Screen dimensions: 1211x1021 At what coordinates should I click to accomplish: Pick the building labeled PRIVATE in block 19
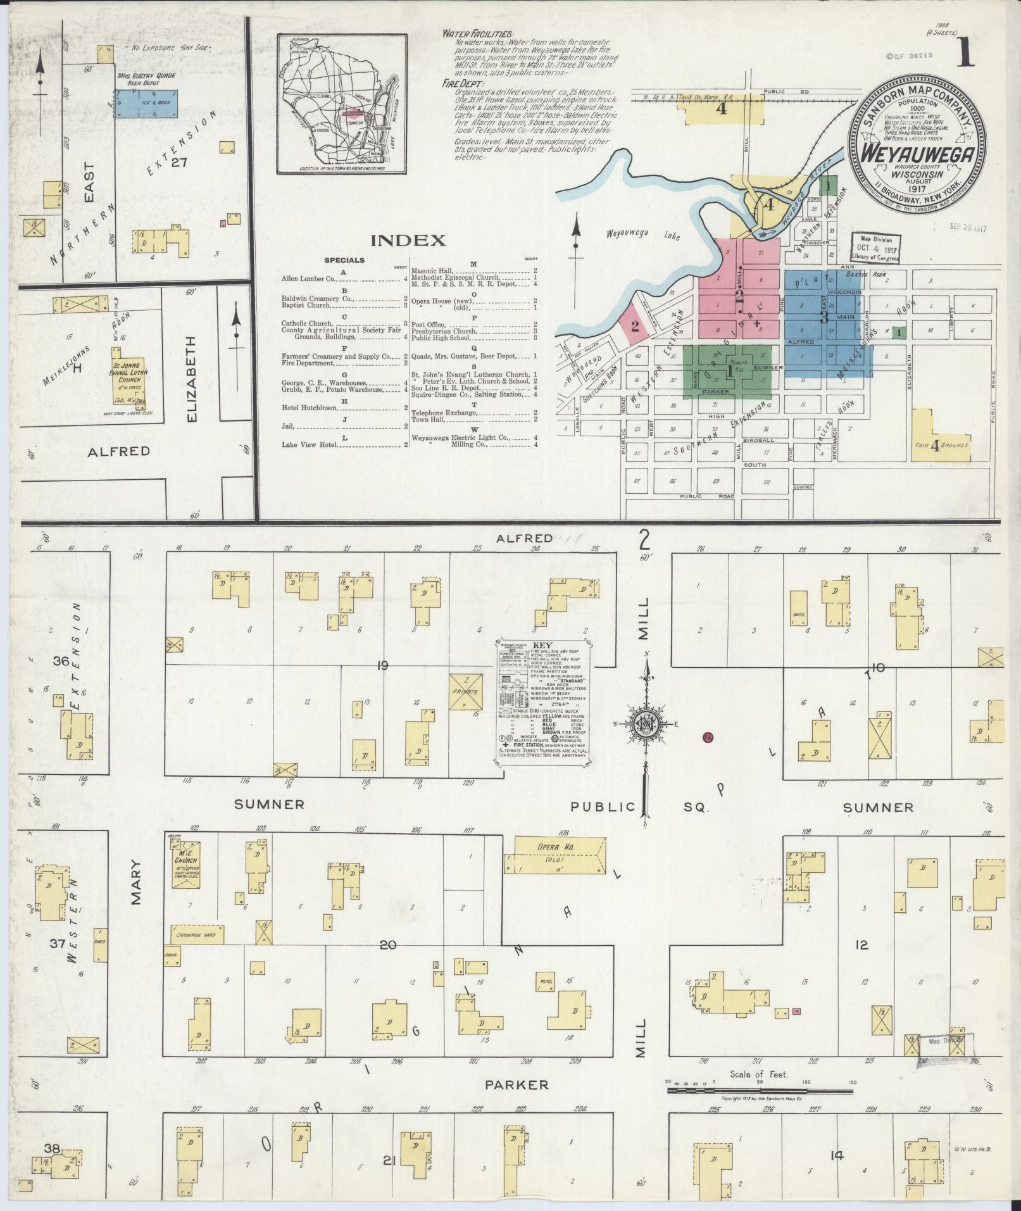[x=467, y=692]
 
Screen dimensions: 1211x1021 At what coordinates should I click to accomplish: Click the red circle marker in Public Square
[x=708, y=737]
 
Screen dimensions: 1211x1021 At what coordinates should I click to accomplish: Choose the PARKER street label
[x=517, y=1085]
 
